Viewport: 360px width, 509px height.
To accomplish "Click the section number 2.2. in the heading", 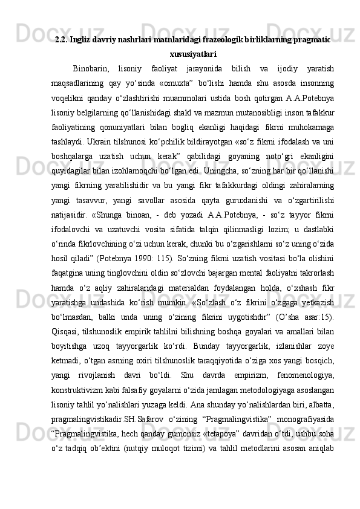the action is pos(62,40).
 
